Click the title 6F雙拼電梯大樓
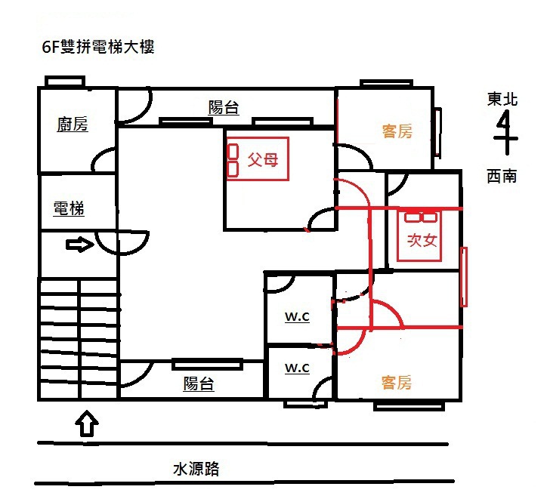click(x=99, y=48)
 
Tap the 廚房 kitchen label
click(x=73, y=125)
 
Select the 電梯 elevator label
click(x=69, y=209)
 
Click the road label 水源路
click(x=196, y=469)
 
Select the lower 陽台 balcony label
click(x=199, y=383)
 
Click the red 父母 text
click(x=262, y=161)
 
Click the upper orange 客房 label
click(x=397, y=132)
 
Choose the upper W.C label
click(x=297, y=317)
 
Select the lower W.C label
click(x=297, y=368)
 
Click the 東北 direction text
click(x=502, y=99)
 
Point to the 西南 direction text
click(x=502, y=176)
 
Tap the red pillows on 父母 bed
click(x=233, y=160)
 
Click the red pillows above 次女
click(x=421, y=217)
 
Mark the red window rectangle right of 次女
click(x=464, y=276)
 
